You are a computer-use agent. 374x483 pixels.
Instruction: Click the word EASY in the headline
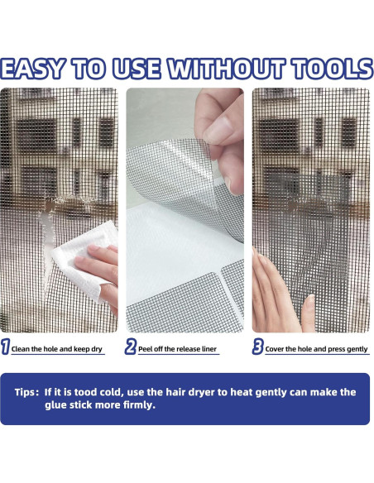[x=32, y=69]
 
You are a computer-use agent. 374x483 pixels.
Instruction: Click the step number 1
[x=5, y=347]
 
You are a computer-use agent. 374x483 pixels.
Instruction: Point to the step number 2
[x=130, y=347]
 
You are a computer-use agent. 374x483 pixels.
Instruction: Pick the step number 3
[x=257, y=347]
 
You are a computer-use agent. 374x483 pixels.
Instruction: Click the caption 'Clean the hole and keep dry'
[x=57, y=349]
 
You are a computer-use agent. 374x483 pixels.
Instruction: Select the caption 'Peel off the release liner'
[x=177, y=349]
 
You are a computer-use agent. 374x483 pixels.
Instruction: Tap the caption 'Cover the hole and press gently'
[x=316, y=349]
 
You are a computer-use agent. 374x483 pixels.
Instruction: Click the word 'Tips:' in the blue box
[x=26, y=392]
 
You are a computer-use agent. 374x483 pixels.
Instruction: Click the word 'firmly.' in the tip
[x=139, y=404]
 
